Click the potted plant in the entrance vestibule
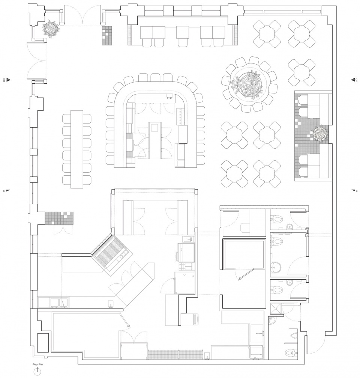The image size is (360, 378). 51,29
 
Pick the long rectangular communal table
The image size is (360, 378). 77,149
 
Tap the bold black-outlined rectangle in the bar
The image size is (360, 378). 183,134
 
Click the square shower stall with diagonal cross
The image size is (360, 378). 276,309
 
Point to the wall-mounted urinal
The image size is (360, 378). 294,336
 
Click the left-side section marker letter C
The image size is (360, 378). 4,191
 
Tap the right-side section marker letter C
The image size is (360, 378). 357,191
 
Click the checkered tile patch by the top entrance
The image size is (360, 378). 107,35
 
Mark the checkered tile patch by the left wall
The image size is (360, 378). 59,218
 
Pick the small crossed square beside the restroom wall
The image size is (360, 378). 307,236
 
